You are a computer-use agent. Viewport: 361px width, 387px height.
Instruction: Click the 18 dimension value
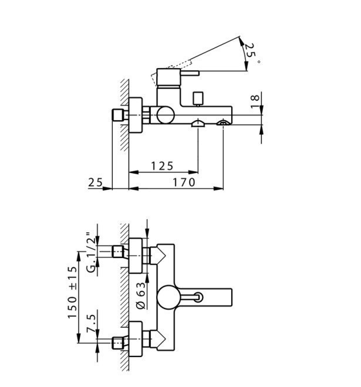pos(255,101)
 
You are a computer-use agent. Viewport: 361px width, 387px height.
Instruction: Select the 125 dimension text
pos(162,166)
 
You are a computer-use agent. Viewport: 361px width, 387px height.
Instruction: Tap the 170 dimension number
pos(184,182)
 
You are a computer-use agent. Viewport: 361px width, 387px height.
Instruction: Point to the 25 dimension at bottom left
pos(95,182)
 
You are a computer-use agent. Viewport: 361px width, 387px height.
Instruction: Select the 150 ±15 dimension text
pos(73,292)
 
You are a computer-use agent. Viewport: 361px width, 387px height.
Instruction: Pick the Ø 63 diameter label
pos(141,296)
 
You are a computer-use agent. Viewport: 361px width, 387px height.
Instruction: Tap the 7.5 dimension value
pos(91,324)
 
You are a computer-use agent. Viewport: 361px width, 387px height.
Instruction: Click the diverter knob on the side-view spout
pos(198,99)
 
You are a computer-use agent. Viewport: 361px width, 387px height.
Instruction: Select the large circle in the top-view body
pos(169,297)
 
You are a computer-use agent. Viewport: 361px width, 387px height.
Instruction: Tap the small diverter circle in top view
pos(198,297)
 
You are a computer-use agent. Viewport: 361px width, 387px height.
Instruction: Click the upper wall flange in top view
pos(136,256)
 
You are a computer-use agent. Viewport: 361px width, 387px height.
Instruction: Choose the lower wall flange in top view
pos(136,339)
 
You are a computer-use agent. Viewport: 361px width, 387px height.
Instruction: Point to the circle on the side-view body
pos(166,115)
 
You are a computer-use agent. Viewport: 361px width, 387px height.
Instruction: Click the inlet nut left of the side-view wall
pos(118,115)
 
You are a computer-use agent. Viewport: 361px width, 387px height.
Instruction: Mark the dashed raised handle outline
pos(171,72)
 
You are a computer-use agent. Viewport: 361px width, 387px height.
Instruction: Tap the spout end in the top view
pos(231,297)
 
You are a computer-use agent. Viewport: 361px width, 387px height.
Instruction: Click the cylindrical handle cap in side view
pos(169,78)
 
